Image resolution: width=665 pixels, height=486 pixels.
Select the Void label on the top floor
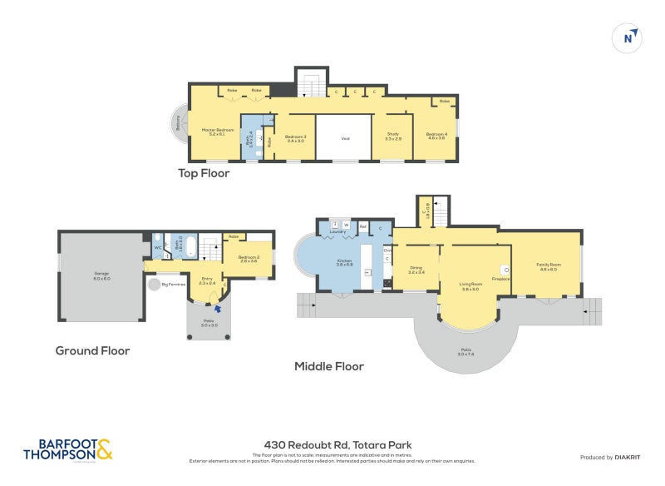pyautogui.click(x=345, y=139)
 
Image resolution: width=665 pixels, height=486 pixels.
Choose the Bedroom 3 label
pyautogui.click(x=295, y=138)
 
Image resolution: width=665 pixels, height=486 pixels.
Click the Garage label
pyautogui.click(x=101, y=275)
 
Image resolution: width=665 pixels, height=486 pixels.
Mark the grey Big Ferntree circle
pyautogui.click(x=155, y=285)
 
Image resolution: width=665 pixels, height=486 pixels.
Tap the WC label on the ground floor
pyautogui.click(x=157, y=247)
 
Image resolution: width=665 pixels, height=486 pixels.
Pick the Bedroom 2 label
pyautogui.click(x=248, y=259)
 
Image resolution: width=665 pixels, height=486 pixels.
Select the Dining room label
pyautogui.click(x=416, y=270)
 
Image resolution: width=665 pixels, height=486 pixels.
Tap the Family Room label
pyautogui.click(x=549, y=266)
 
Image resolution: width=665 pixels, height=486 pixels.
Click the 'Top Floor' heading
pyautogui.click(x=204, y=173)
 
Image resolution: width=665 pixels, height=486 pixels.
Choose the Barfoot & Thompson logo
pyautogui.click(x=68, y=449)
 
